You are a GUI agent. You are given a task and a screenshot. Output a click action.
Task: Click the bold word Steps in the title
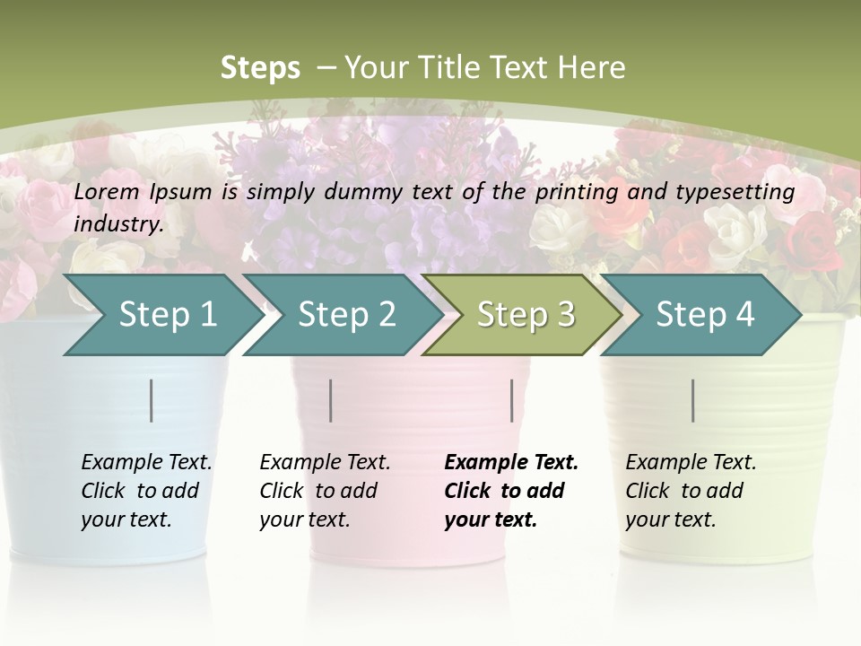point(260,68)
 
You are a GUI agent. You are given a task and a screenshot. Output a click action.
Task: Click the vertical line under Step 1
point(152,400)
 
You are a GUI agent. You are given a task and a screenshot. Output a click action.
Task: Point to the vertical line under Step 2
point(331,400)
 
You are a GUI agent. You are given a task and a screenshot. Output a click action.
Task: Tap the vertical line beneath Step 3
point(512,400)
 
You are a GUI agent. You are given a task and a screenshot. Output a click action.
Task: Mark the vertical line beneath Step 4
point(693,400)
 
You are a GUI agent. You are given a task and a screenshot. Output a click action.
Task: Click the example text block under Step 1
point(146,491)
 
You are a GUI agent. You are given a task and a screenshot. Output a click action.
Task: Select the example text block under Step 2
point(325,491)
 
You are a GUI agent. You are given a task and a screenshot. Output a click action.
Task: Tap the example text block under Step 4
point(691,491)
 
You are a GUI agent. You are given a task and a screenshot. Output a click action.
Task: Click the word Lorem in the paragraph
point(107,191)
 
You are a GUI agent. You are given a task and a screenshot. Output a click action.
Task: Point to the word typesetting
point(736,192)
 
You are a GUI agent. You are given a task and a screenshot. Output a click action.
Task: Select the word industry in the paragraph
point(117,224)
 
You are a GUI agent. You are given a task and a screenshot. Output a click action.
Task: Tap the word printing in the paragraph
point(575,192)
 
